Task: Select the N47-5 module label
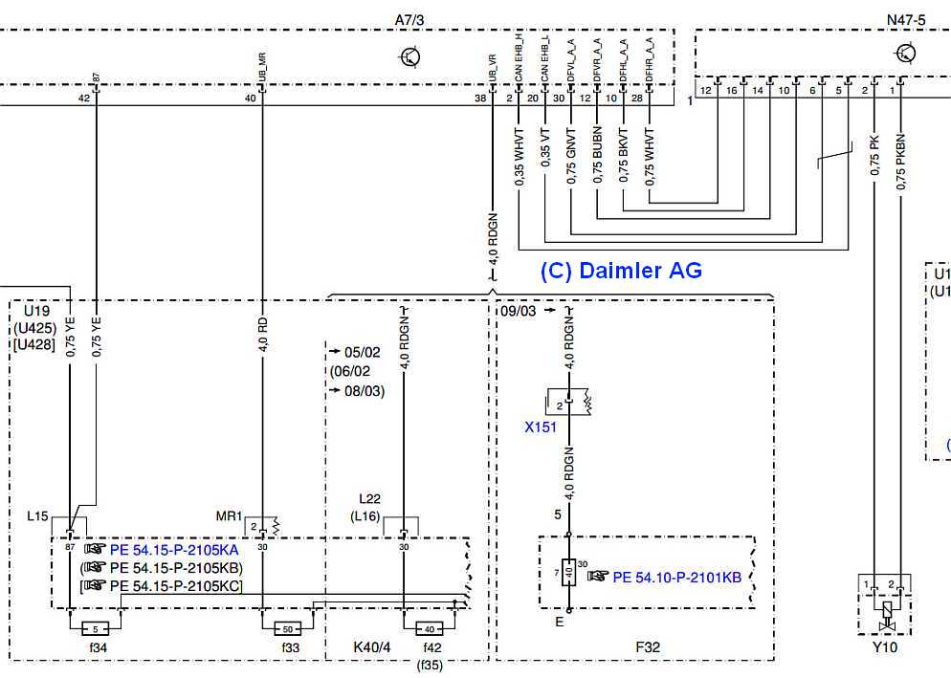tap(907, 19)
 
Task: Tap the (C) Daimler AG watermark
tap(621, 271)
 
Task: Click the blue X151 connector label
tap(540, 427)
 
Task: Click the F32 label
tap(648, 647)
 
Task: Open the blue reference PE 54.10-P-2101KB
tap(676, 577)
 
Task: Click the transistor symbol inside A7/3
tap(410, 57)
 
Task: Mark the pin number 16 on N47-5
tap(732, 90)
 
